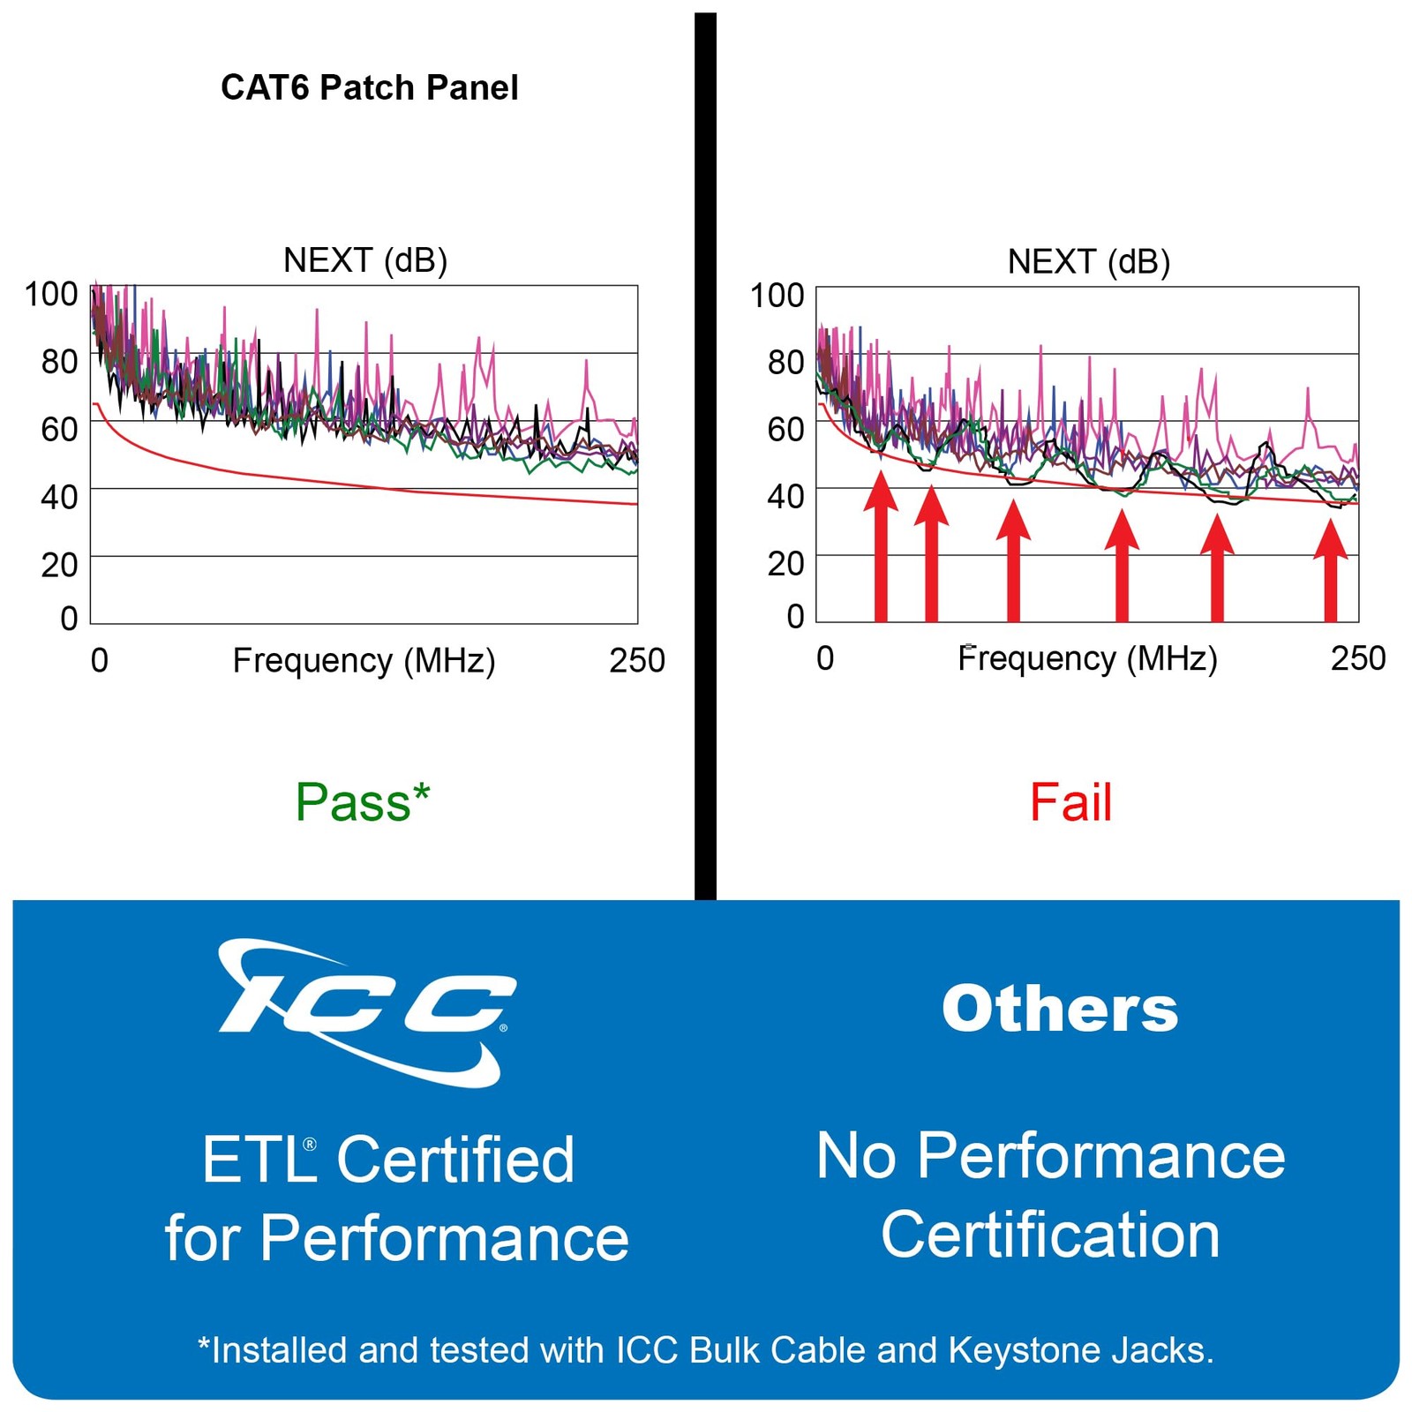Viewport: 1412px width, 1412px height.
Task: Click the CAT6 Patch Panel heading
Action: [369, 87]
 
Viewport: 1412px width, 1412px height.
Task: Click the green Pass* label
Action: [362, 802]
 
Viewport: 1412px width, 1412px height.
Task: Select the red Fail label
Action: [1070, 802]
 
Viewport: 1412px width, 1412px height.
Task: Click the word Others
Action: [1059, 1008]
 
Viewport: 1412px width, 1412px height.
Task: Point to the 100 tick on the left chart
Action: [51, 294]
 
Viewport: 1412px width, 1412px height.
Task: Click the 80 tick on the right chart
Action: [785, 362]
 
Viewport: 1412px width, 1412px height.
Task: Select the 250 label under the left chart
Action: [636, 660]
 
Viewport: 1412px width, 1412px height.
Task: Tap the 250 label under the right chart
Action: [1357, 658]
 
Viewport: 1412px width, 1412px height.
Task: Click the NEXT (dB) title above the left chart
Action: [364, 260]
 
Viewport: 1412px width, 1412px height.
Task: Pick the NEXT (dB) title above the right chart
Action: [1088, 262]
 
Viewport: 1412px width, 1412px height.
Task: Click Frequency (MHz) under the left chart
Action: [364, 660]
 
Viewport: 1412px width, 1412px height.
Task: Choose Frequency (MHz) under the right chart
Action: [1087, 658]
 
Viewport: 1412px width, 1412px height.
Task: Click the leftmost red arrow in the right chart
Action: [880, 547]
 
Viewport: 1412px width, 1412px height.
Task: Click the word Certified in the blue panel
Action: [455, 1159]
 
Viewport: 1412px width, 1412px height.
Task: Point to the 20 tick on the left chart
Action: [59, 565]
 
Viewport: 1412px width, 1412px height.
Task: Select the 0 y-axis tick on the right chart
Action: [795, 615]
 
